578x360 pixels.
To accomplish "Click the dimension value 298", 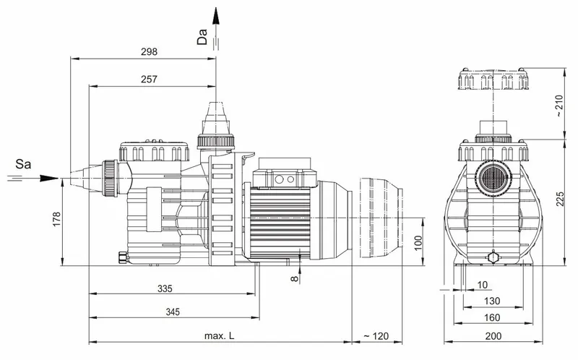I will click(x=150, y=52).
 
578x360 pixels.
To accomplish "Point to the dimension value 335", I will click(x=165, y=289).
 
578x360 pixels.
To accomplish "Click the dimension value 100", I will click(x=418, y=241).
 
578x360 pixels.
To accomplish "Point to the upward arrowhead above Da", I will click(x=215, y=10).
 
